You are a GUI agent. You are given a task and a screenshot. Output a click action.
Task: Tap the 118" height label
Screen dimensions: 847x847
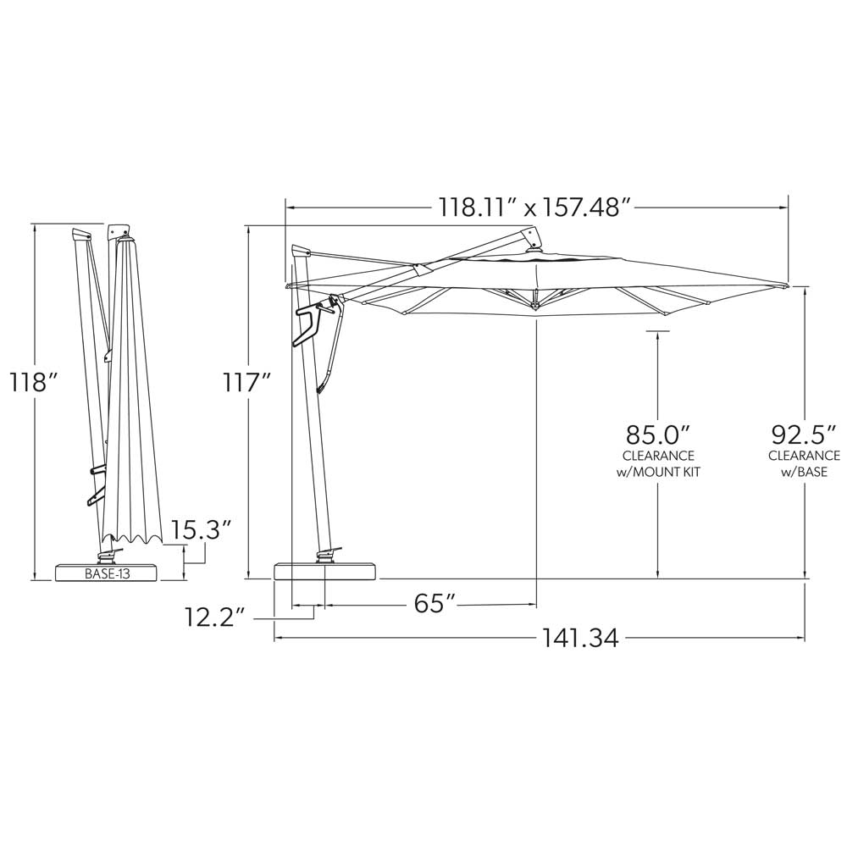[x=33, y=382]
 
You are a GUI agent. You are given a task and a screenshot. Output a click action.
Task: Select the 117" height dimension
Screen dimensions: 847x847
[x=246, y=382]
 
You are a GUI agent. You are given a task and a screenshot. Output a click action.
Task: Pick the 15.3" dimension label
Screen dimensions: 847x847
[x=202, y=531]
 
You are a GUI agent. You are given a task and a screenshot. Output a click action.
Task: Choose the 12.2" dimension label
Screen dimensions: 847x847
[x=215, y=617]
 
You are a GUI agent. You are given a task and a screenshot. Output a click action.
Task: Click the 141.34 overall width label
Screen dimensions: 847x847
[x=580, y=638]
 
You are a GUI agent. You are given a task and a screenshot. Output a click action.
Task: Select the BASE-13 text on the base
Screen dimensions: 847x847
[x=107, y=573]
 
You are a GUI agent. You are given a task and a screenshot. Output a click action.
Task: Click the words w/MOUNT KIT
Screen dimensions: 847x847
[x=658, y=472]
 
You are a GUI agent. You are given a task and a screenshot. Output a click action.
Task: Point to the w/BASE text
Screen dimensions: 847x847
[x=804, y=472]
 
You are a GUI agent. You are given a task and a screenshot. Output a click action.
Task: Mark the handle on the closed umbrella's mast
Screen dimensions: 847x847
[x=95, y=484]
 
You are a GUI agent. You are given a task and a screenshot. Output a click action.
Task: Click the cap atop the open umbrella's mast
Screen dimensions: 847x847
[x=301, y=252]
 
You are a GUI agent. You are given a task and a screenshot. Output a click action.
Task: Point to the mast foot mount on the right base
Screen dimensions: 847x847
[x=326, y=556]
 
